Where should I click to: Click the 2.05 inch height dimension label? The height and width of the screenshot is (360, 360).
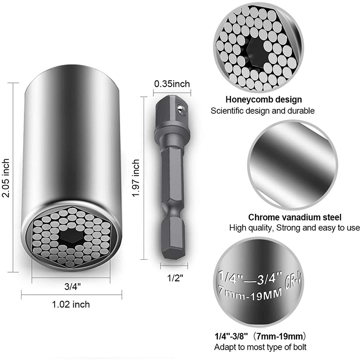[x=6, y=177]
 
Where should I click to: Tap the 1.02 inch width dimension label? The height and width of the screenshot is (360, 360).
[x=71, y=304]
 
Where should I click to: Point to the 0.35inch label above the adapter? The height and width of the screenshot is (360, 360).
[x=172, y=84]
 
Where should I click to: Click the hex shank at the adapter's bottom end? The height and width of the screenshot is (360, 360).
[x=172, y=243]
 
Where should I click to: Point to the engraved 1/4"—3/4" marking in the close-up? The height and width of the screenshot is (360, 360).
[x=250, y=275]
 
